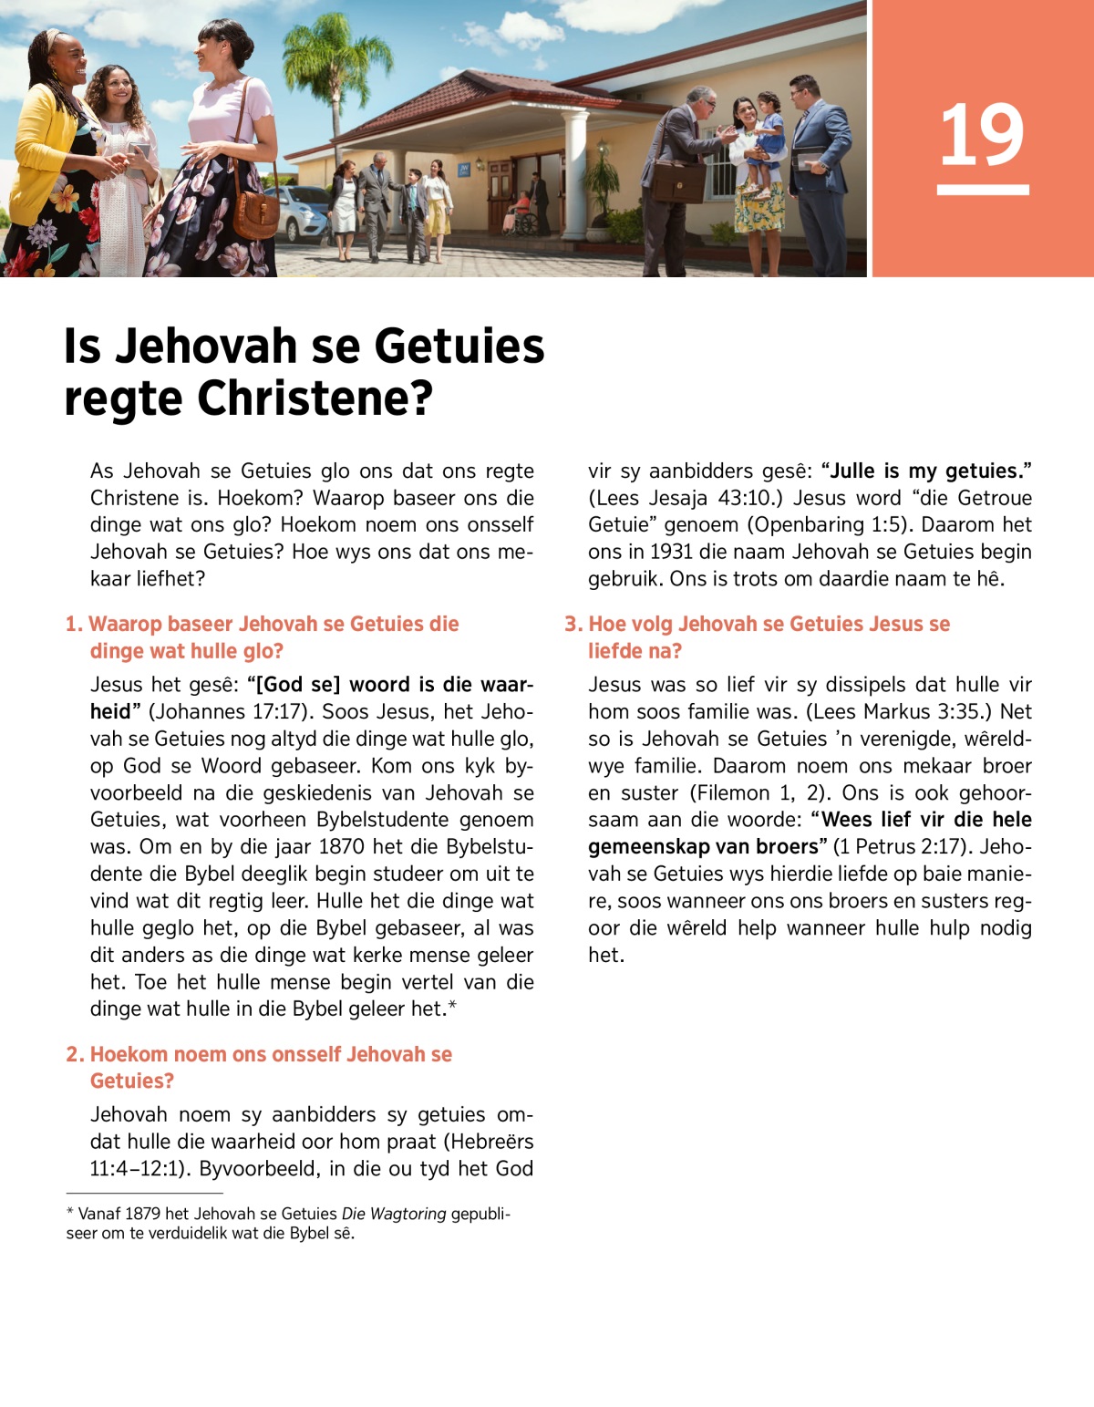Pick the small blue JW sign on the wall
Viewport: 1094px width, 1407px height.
pos(463,170)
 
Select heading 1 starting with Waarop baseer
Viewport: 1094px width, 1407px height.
pos(263,636)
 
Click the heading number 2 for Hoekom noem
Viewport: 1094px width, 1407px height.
pos(75,1054)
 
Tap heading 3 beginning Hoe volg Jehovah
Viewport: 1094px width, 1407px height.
pos(757,636)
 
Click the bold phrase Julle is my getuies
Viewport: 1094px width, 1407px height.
pos(925,471)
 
